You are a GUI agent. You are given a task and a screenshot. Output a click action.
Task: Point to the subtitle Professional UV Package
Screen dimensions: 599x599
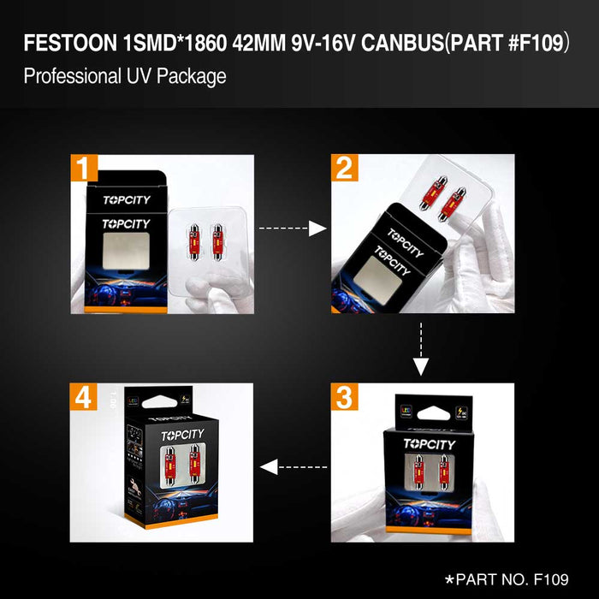(x=125, y=76)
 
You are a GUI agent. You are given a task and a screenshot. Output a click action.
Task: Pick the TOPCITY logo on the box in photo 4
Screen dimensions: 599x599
(x=182, y=436)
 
